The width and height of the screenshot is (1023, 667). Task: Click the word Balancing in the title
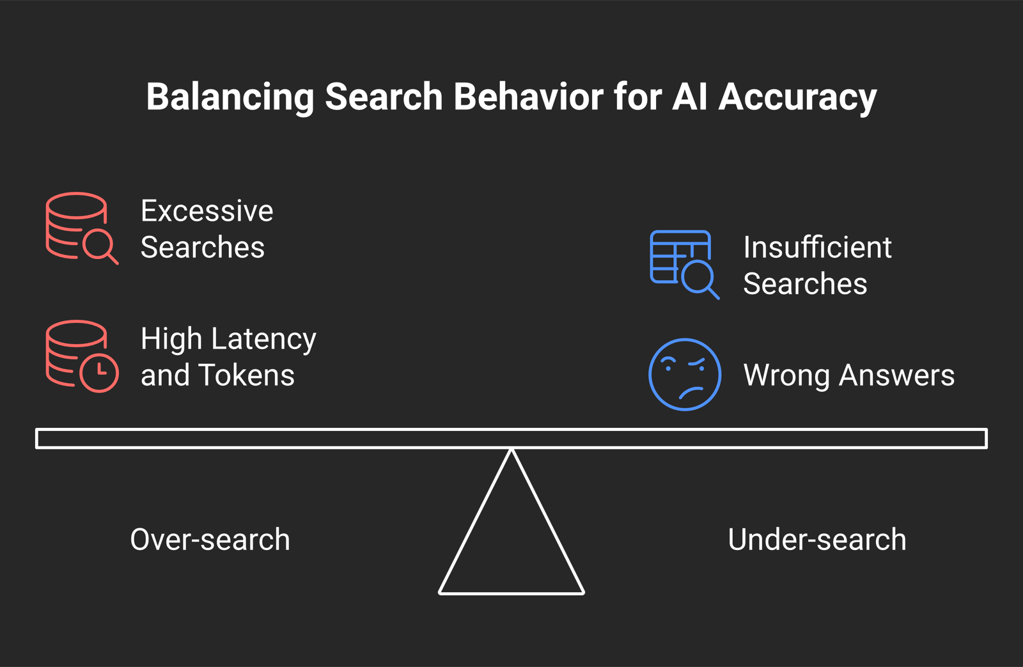tap(230, 97)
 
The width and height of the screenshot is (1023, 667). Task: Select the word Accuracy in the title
tap(797, 97)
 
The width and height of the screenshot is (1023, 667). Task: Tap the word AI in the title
tap(690, 97)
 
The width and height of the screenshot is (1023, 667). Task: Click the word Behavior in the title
tap(528, 97)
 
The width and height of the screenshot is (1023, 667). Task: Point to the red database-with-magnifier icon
tap(82, 228)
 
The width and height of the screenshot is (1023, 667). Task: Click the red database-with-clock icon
tap(82, 356)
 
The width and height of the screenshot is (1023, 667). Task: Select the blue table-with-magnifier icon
tap(685, 265)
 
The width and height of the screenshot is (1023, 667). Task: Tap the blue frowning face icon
tap(685, 375)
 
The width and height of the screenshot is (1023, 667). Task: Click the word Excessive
tap(207, 211)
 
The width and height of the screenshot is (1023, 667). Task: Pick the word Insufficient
tap(818, 247)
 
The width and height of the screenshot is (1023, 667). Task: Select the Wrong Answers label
tap(849, 376)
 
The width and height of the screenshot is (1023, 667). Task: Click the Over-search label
tap(210, 540)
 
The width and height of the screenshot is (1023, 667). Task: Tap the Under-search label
tap(817, 540)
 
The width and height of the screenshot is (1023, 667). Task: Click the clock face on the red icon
tap(100, 373)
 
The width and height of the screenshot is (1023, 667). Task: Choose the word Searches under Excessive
tap(203, 247)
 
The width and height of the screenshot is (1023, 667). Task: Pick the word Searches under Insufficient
tap(805, 284)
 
